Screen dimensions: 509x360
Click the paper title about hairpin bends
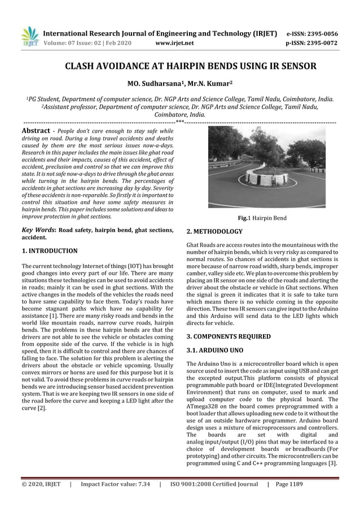pyautogui.click(x=179, y=67)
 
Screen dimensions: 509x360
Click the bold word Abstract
pyautogui.click(x=36, y=129)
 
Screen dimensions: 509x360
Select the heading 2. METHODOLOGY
pyautogui.click(x=214, y=231)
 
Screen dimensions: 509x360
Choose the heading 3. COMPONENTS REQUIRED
pyautogui.click(x=228, y=336)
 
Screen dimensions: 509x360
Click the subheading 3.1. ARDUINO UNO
pyautogui.click(x=214, y=350)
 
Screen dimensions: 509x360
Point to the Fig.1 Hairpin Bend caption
pyautogui.click(x=261, y=217)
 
